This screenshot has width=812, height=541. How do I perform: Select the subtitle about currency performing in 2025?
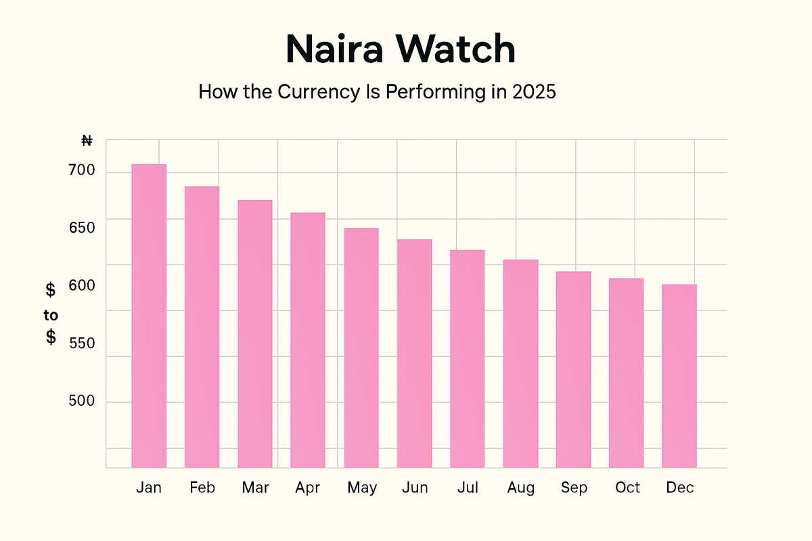click(377, 92)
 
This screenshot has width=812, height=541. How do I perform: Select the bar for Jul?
click(468, 358)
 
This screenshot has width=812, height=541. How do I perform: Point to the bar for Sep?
click(574, 369)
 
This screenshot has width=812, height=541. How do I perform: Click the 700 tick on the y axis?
click(82, 171)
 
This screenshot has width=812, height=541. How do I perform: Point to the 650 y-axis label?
click(82, 228)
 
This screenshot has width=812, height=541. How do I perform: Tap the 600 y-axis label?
click(82, 285)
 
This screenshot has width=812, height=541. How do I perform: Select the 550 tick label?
click(82, 343)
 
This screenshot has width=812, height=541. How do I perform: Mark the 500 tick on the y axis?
click(82, 402)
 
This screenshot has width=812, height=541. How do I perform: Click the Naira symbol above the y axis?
click(87, 141)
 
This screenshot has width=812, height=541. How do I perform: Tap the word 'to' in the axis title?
click(51, 314)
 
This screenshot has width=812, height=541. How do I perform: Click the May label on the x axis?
click(362, 488)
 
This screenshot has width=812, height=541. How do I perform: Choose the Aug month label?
click(521, 488)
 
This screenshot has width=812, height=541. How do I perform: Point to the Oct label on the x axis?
click(627, 488)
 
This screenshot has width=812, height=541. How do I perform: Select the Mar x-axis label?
click(255, 488)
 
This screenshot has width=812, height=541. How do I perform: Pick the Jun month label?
click(415, 488)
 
